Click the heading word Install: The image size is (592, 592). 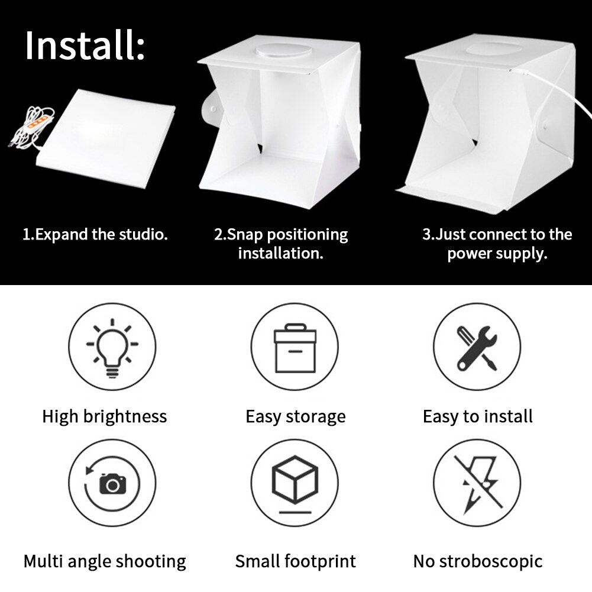pos(85,46)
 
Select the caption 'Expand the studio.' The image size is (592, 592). pos(95,234)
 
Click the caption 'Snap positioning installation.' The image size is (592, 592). pos(281,244)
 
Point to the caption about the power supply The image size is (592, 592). pos(497,244)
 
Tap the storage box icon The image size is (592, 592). pos(295,348)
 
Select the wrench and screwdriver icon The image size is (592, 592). pos(477,348)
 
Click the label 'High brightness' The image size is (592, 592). pos(104,416)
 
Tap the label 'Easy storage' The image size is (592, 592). pos(295,416)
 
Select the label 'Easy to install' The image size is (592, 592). pos(477,416)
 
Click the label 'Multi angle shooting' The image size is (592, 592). pos(105,561)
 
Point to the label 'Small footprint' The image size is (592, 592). pos(295,561)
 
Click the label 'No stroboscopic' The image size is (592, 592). pos(477,561)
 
